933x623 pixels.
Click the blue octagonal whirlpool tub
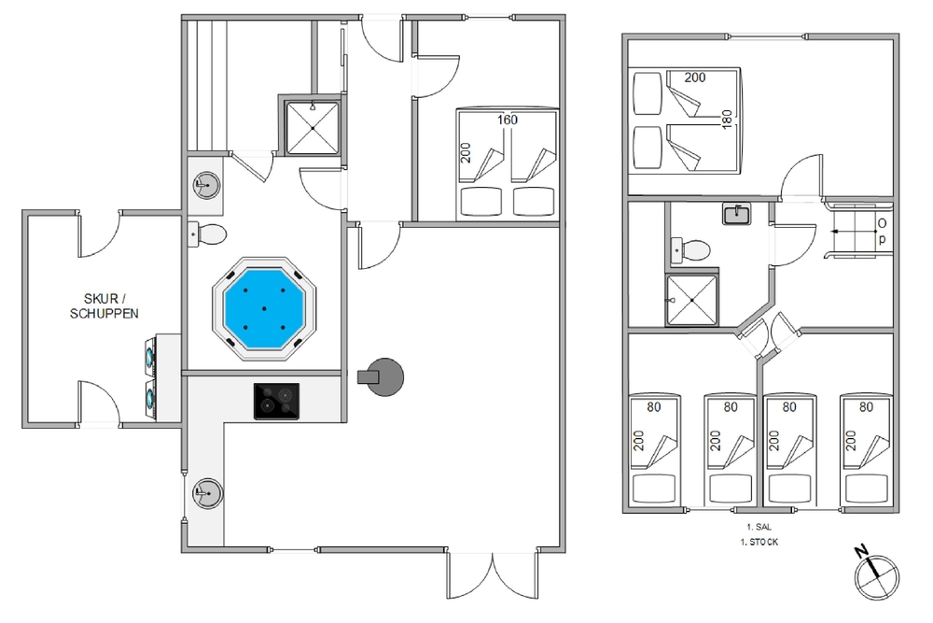264,308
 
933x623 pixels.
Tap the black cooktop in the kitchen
277,401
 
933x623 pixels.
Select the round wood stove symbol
382,377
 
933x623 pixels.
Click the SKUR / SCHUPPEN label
104,306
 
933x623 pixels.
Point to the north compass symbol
876,574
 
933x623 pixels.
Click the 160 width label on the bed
508,120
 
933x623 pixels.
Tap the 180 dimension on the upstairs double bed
727,120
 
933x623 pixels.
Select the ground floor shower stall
313,127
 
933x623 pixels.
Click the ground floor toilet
207,234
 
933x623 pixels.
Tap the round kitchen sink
208,493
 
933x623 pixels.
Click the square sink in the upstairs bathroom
737,214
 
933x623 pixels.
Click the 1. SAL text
759,527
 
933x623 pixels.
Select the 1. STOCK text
759,542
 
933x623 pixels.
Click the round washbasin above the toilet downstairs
206,185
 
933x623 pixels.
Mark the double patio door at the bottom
494,574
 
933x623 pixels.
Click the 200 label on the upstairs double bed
695,78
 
